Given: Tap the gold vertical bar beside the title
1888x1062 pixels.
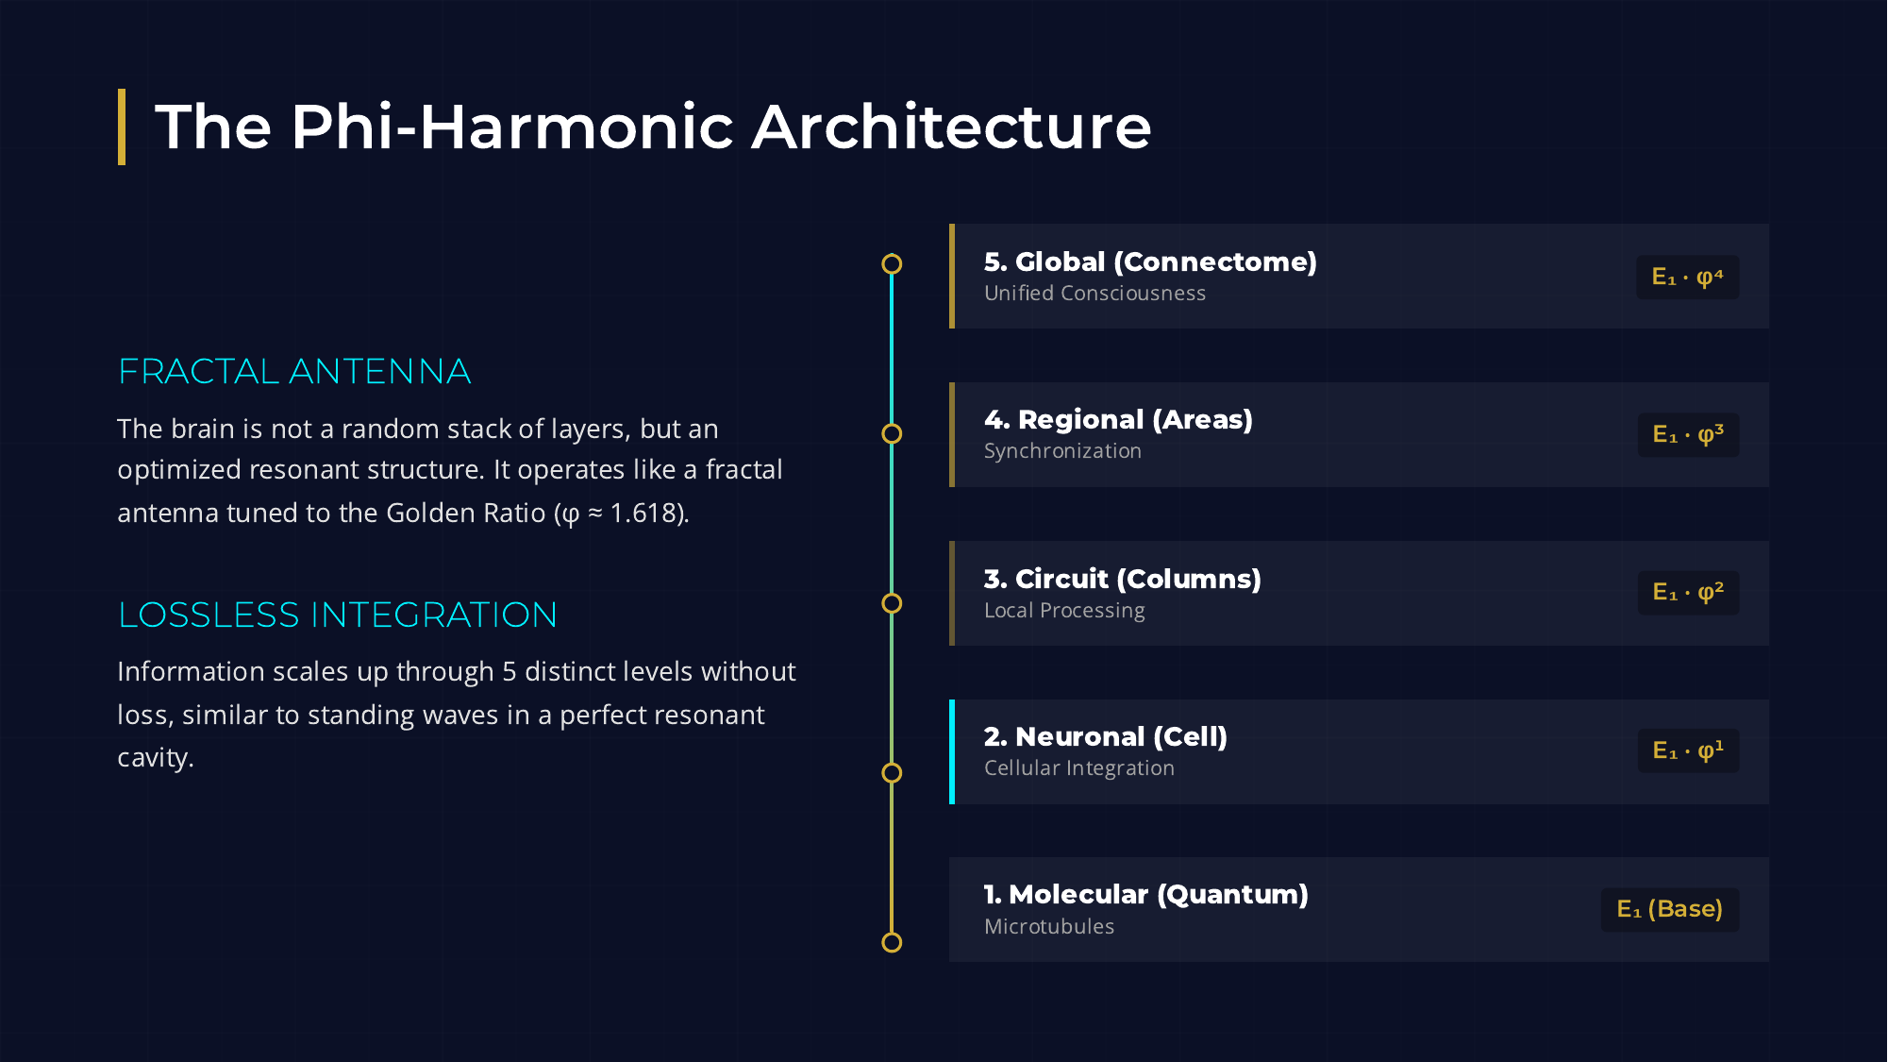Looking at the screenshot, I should (122, 126).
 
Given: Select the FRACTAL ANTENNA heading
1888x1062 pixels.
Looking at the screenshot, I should (294, 372).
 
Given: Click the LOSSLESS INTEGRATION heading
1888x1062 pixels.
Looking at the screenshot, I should (338, 615).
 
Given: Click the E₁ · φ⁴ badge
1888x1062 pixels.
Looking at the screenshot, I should (1687, 278).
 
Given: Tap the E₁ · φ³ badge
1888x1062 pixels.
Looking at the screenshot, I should (1687, 435).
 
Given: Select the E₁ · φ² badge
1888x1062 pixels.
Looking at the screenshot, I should (1687, 593).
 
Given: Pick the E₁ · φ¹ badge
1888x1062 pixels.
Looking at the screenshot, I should (1687, 751).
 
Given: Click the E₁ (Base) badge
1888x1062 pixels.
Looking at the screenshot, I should (1669, 909).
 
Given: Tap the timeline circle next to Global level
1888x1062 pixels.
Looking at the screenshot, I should (892, 264).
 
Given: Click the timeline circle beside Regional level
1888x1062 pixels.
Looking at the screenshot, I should (892, 433).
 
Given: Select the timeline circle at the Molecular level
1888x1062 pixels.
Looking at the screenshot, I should (892, 942).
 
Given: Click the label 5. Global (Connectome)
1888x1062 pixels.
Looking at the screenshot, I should (1150, 261).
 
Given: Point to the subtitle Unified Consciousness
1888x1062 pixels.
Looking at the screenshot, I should (1094, 294).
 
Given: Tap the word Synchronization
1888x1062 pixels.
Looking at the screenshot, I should (1062, 451).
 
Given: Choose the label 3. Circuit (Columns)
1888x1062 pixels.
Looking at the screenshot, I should (1122, 579).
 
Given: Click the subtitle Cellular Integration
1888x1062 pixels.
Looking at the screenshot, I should (1078, 768).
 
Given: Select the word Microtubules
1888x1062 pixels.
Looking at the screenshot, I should (1048, 927).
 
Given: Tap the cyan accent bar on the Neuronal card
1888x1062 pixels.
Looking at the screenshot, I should (952, 751).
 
